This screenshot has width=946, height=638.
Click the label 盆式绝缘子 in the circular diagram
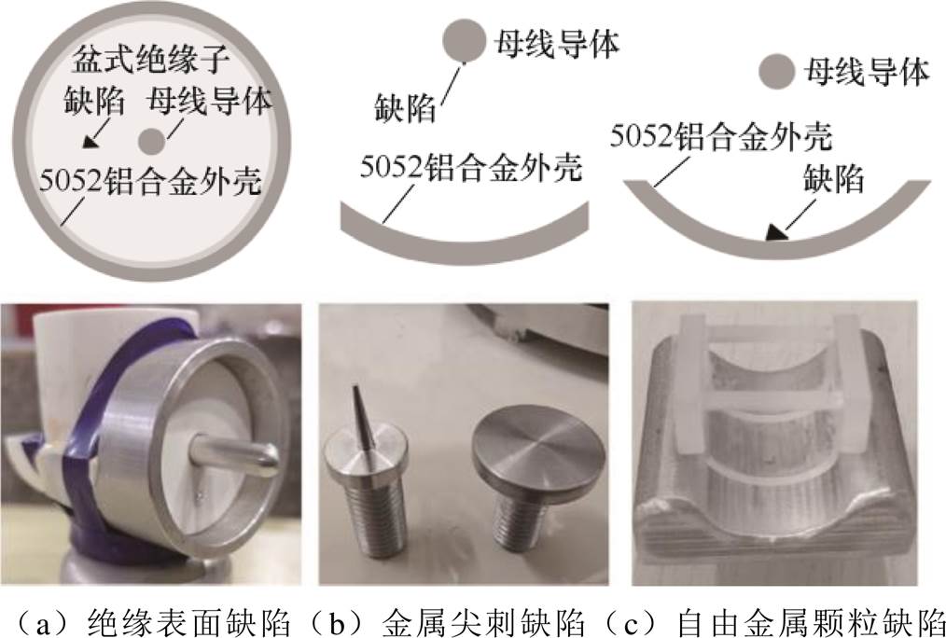point(151,61)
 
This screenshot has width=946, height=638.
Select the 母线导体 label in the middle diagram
point(557,44)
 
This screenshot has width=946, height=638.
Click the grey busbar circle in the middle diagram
point(464,40)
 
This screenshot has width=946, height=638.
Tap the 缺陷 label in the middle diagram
point(405,108)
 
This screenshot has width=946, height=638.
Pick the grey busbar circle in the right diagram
point(776,71)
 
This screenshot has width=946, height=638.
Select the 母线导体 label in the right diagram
point(867,73)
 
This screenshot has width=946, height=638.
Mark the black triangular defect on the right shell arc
point(773,233)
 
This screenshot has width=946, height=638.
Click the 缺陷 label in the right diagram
point(834,178)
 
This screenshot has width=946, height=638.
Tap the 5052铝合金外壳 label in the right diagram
point(721,136)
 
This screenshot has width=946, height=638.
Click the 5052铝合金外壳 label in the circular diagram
point(151,180)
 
